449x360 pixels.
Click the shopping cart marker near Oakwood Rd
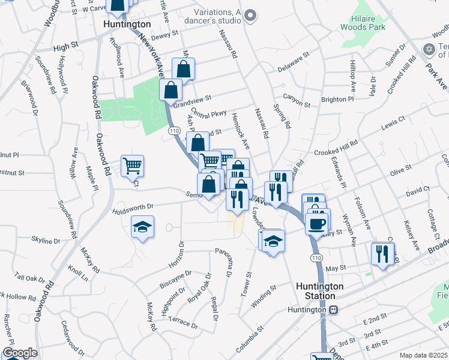132,165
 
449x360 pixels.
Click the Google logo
20,353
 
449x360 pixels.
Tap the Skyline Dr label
46,241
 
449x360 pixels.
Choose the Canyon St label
297,101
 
